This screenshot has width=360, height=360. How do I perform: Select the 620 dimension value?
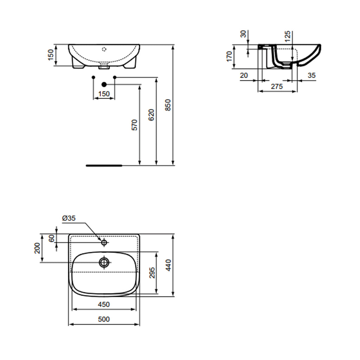coord(151,115)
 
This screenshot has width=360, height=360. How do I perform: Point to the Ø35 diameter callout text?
coord(69,218)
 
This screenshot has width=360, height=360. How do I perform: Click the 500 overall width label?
coord(104,319)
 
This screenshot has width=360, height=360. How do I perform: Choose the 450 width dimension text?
coord(104,304)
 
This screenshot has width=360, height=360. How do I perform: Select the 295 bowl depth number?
coord(152,272)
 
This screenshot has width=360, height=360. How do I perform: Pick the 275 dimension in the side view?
coord(277,87)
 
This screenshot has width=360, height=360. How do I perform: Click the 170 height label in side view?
coord(229,56)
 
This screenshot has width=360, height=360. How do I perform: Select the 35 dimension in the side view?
coord(311,75)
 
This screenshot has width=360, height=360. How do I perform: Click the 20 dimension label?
coord(244,75)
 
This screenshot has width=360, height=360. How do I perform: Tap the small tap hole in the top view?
coord(104,243)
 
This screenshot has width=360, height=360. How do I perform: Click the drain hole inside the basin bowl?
coord(104,262)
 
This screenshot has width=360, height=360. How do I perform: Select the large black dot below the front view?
coord(104,84)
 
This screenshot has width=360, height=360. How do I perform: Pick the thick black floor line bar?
coord(104,165)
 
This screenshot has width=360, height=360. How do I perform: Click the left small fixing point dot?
coord(93,77)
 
